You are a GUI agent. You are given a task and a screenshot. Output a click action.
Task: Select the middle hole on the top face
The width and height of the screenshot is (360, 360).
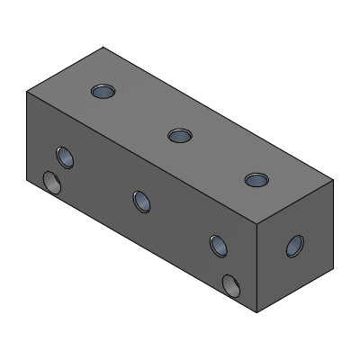click(x=180, y=135)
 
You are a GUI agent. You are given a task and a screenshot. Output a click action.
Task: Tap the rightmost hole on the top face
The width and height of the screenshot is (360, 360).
click(x=256, y=179)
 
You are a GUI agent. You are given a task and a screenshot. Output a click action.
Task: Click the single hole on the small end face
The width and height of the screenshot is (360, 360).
click(x=294, y=245)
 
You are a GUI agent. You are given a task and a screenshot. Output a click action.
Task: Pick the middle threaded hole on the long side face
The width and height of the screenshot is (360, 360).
click(x=141, y=201)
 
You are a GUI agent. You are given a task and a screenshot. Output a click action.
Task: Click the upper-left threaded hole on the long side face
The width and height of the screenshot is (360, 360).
click(x=64, y=157)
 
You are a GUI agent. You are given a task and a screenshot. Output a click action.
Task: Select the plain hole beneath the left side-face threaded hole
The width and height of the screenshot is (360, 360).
click(x=53, y=184)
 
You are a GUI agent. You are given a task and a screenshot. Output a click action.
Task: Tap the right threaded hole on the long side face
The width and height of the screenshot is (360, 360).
click(x=218, y=245)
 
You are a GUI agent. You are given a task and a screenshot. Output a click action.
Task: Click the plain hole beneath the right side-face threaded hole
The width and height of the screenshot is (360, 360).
click(x=231, y=285)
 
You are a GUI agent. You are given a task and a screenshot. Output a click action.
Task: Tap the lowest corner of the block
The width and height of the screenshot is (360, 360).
click(x=258, y=313)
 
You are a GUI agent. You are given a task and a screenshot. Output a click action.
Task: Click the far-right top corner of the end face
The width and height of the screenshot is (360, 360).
click(x=334, y=179)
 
